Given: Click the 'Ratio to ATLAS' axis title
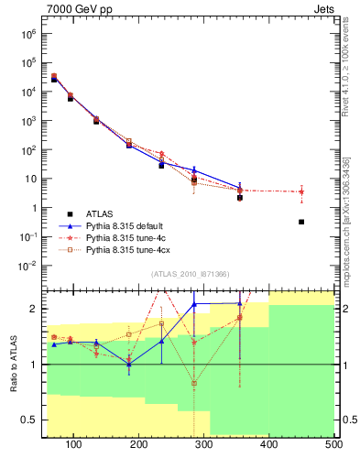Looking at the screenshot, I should click(x=14, y=363).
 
